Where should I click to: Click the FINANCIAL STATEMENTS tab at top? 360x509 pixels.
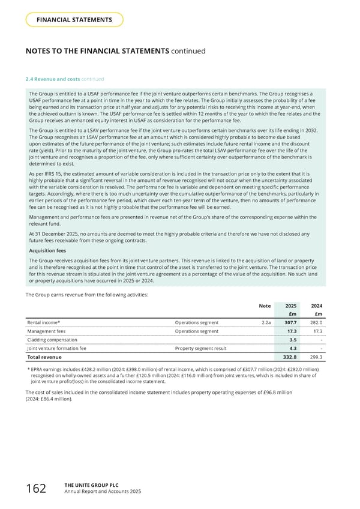[x=74, y=20]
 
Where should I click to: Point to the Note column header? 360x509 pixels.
[x=264, y=306]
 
